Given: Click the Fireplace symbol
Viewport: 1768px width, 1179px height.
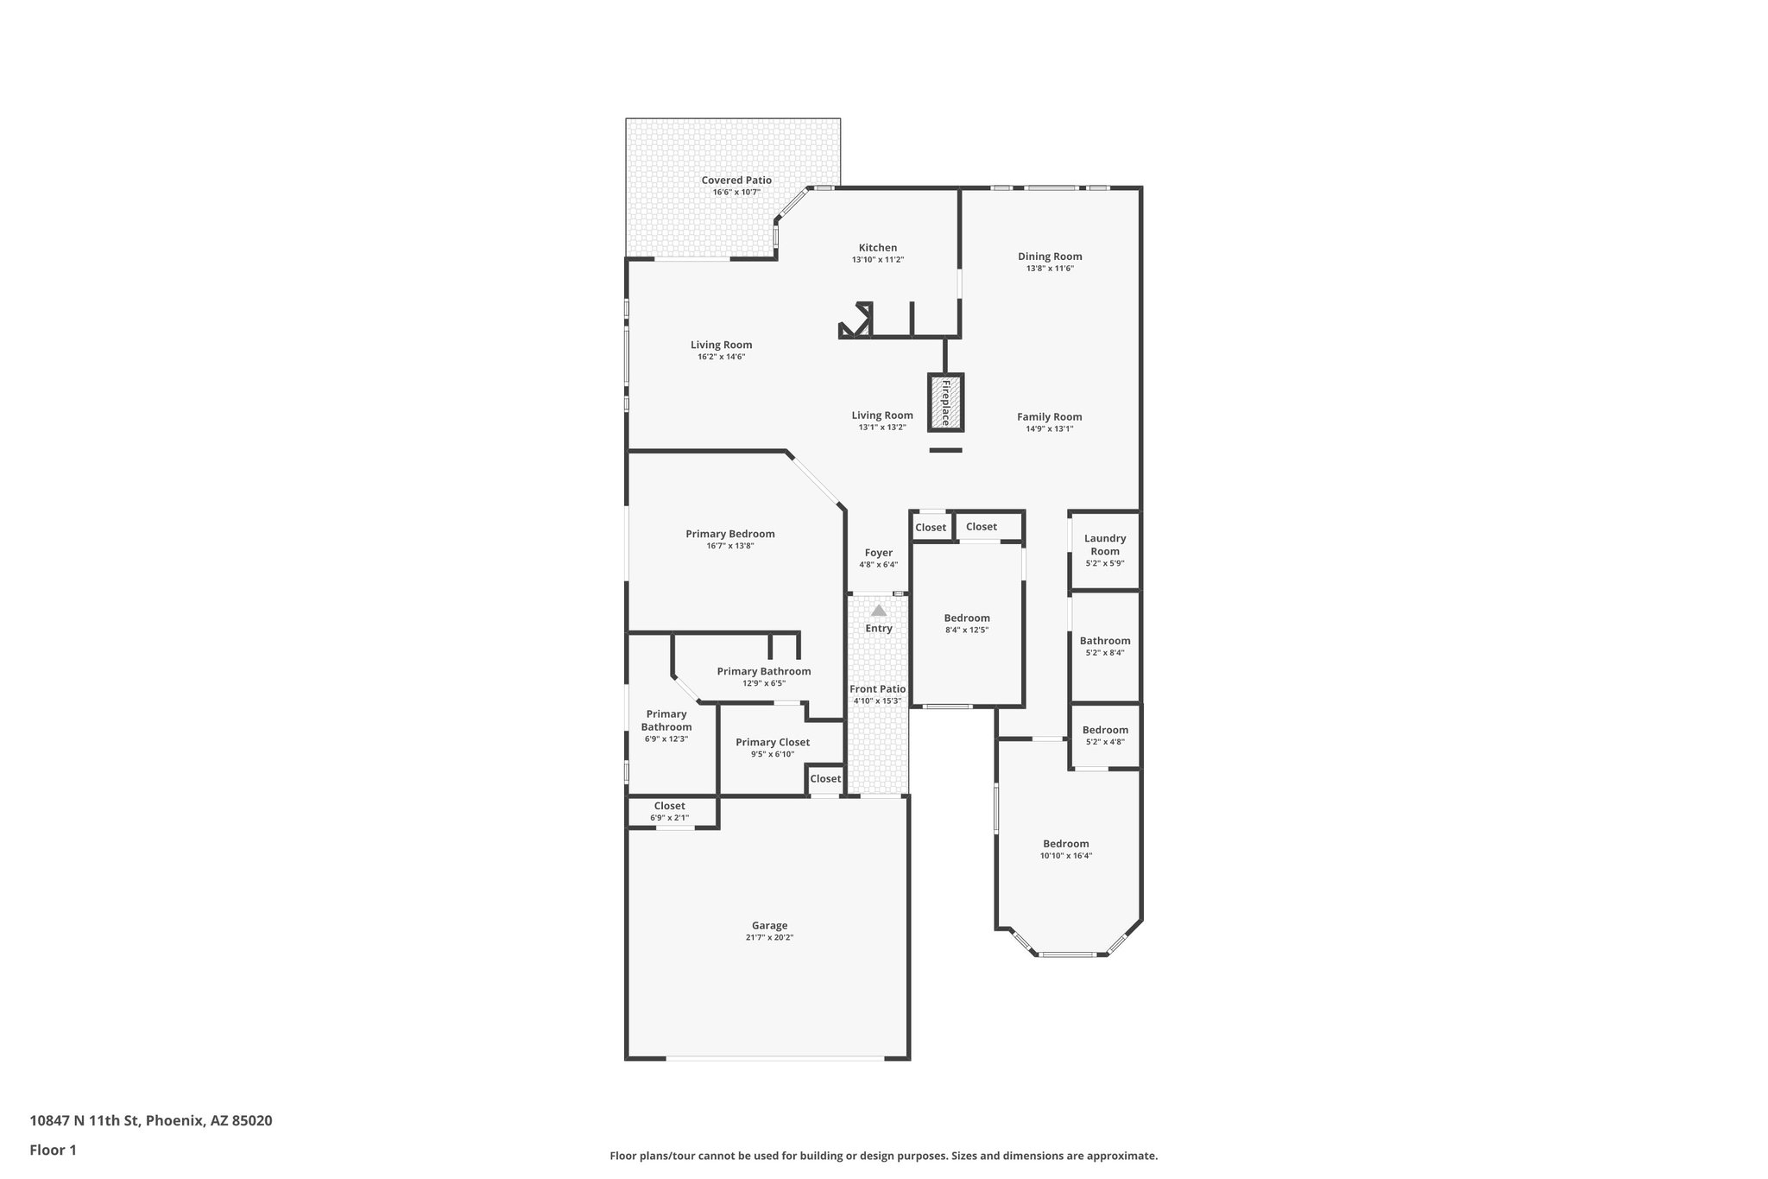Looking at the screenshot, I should coord(945,403).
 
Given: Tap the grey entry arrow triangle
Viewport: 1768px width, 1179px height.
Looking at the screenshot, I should coord(878,611).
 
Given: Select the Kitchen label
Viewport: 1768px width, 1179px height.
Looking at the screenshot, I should coord(877,248).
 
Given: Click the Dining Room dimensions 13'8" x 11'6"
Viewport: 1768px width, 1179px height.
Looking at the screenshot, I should coord(1049,269).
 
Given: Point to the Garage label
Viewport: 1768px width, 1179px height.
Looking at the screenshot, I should coord(769,925).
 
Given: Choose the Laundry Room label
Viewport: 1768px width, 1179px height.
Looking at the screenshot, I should coord(1104,545).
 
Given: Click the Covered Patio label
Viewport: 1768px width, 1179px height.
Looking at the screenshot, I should coord(736,181).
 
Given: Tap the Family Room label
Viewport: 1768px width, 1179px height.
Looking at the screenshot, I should coord(1049,416).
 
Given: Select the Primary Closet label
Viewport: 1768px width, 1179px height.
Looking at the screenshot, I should coord(772,742).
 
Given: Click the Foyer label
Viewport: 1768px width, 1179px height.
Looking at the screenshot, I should coord(878,553).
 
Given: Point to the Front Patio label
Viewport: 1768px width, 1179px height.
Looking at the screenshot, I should coord(877,689).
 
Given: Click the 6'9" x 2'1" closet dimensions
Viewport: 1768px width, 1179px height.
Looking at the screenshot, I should coord(669,817).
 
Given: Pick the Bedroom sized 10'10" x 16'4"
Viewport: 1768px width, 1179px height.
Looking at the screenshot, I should coord(1065,844).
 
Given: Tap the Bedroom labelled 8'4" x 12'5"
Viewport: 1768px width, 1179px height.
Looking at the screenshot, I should coord(966,618).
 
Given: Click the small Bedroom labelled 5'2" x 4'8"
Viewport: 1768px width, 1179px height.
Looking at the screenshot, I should coord(1104,730).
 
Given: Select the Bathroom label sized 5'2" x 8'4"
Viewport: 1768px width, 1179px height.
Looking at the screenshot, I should coord(1104,641).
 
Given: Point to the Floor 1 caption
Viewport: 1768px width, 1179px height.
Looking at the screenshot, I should coord(53,1150).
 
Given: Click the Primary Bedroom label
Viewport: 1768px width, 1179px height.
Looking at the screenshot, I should coord(729,534).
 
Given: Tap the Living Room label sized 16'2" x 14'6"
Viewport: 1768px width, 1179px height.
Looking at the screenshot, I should coord(721,345).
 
